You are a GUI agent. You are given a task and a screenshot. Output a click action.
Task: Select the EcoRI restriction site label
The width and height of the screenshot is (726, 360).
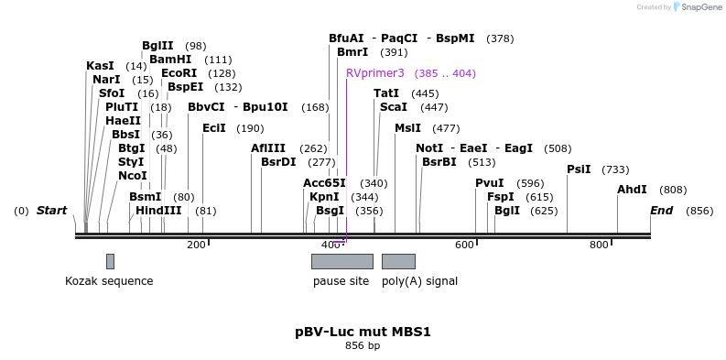pyautogui.click(x=179, y=73)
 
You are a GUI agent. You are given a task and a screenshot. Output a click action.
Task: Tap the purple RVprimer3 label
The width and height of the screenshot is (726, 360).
pyautogui.click(x=375, y=73)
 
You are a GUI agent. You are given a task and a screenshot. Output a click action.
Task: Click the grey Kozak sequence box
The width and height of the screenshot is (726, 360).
pyautogui.click(x=110, y=261)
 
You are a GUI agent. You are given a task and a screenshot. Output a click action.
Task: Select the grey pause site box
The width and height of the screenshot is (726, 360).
pyautogui.click(x=341, y=261)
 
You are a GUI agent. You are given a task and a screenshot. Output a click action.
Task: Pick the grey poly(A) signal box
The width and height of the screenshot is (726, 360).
pyautogui.click(x=398, y=261)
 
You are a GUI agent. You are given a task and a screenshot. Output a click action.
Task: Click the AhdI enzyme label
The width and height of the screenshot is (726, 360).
pyautogui.click(x=632, y=190)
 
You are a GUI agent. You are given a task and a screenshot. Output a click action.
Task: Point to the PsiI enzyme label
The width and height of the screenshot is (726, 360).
pyautogui.click(x=579, y=169)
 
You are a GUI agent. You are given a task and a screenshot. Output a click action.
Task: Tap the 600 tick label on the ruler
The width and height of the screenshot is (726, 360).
pyautogui.click(x=465, y=245)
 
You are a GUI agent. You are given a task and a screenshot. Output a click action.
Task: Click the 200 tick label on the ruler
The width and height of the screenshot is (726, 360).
pyautogui.click(x=196, y=245)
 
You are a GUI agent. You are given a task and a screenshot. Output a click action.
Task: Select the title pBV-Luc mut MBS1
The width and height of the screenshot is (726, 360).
pyautogui.click(x=363, y=331)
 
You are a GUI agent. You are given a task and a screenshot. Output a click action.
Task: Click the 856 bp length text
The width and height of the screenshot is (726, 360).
pyautogui.click(x=363, y=345)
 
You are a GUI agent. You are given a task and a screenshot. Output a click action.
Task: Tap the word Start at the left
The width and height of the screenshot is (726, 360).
pyautogui.click(x=51, y=211)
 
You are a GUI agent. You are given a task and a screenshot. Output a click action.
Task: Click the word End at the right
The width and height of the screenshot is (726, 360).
pyautogui.click(x=661, y=211)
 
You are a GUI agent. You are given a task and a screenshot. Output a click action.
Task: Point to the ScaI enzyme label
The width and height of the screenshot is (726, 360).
pyautogui.click(x=394, y=107)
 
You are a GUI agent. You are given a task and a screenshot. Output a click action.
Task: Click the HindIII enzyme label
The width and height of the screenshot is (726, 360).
pyautogui.click(x=158, y=211)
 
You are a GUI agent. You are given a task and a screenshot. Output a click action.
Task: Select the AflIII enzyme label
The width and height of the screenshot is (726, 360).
pyautogui.click(x=268, y=148)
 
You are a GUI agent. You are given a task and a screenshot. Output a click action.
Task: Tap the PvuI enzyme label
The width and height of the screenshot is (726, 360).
pyautogui.click(x=489, y=183)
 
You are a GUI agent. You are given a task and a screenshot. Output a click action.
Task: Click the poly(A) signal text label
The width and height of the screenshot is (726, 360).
pyautogui.click(x=419, y=281)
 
